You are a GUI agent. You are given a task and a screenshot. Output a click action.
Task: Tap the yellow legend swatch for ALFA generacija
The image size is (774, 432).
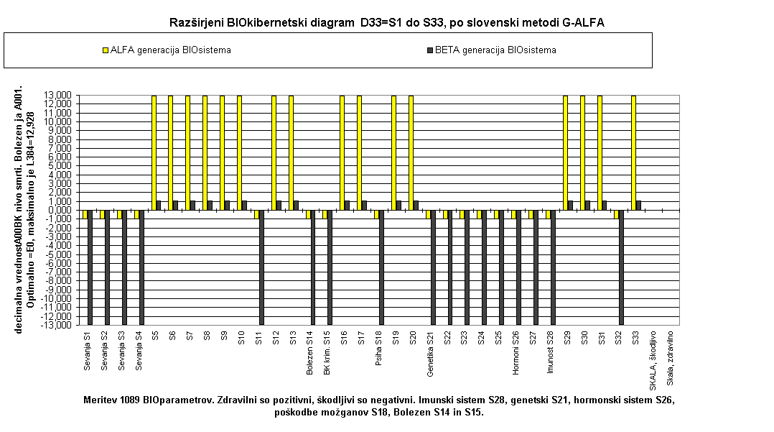tap(105, 50)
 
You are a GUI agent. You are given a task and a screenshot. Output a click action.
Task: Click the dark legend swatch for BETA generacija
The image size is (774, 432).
tap(429, 50)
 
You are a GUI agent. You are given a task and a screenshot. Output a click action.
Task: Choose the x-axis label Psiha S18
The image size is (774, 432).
tap(378, 348)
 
